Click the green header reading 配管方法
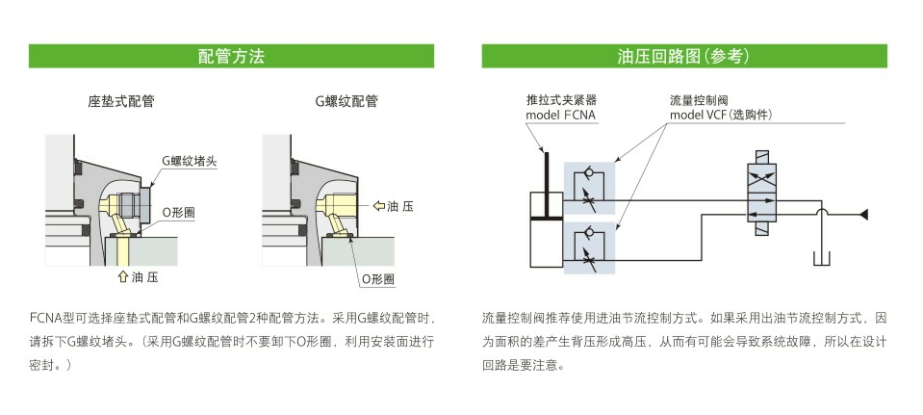click(230, 56)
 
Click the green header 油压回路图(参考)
click(683, 56)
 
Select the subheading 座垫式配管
click(121, 101)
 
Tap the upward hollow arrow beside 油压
click(121, 277)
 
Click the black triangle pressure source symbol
click(864, 212)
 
